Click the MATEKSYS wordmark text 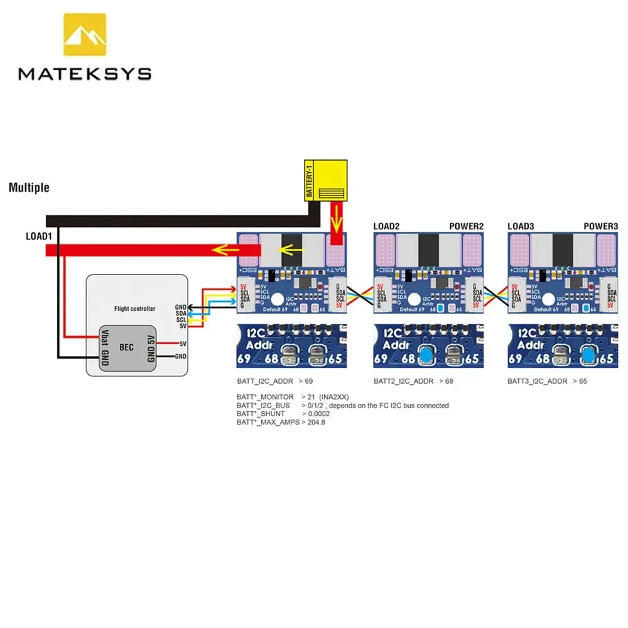pyautogui.click(x=85, y=74)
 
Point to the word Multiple pyautogui.click(x=29, y=188)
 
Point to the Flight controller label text pyautogui.click(x=136, y=308)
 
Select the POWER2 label pyautogui.click(x=467, y=225)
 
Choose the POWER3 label pyautogui.click(x=601, y=225)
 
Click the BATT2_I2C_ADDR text pyautogui.click(x=403, y=381)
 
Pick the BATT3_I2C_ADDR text pyautogui.click(x=538, y=381)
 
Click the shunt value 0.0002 pyautogui.click(x=320, y=414)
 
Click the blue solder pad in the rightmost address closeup pyautogui.click(x=589, y=355)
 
